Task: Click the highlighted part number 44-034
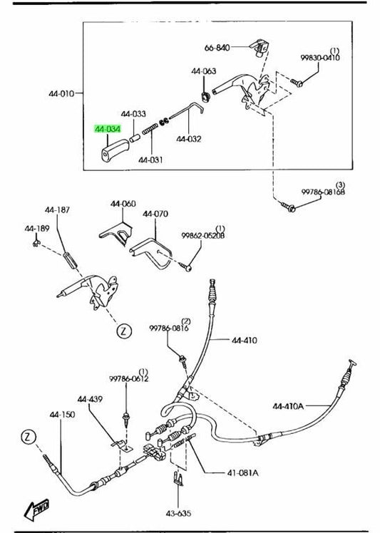click(108, 129)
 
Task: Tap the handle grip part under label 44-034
click(114, 149)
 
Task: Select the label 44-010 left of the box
click(61, 93)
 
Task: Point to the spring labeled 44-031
click(150, 129)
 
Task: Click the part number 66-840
click(217, 48)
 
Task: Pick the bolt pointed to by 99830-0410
click(297, 82)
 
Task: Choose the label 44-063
click(203, 71)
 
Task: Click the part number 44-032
click(188, 139)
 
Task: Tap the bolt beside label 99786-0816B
click(288, 206)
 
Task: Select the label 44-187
click(57, 209)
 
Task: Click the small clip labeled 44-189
click(36, 242)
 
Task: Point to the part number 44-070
click(155, 214)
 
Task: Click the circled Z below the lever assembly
click(124, 331)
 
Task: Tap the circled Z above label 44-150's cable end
click(28, 437)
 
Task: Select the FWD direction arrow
click(37, 509)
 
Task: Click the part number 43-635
click(178, 513)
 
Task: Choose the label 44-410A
click(288, 406)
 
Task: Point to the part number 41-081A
click(242, 472)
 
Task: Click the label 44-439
click(90, 399)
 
